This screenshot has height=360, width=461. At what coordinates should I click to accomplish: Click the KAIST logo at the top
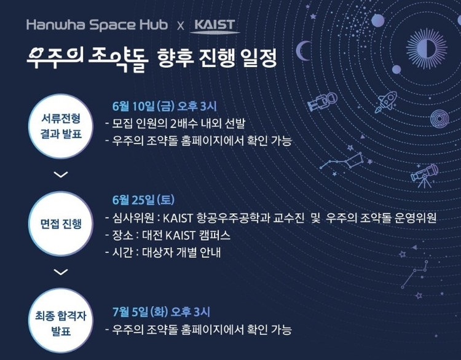pyautogui.click(x=215, y=26)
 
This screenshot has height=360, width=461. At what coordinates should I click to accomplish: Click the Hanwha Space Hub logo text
pyautogui.click(x=97, y=25)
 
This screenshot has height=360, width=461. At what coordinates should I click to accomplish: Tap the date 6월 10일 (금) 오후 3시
pyautogui.click(x=164, y=106)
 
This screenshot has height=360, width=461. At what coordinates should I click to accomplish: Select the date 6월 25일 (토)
pyautogui.click(x=143, y=200)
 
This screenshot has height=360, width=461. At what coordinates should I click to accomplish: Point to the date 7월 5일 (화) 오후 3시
pyautogui.click(x=162, y=312)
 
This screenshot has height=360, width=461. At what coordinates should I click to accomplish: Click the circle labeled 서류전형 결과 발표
pyautogui.click(x=61, y=127)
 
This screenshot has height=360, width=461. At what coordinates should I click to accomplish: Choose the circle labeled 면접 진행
pyautogui.click(x=61, y=224)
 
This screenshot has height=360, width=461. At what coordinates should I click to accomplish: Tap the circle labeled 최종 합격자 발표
pyautogui.click(x=61, y=321)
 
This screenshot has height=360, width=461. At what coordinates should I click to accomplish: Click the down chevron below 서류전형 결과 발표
pyautogui.click(x=61, y=174)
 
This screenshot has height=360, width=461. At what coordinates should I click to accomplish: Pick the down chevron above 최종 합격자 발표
pyautogui.click(x=61, y=272)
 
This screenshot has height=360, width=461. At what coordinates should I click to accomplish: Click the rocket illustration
pyautogui.click(x=386, y=102)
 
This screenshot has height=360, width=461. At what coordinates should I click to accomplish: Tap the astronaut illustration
pyautogui.click(x=322, y=101)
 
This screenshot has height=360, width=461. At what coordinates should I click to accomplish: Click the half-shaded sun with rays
pyautogui.click(x=427, y=48)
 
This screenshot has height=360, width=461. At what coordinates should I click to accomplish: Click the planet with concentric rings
pyautogui.click(x=439, y=119)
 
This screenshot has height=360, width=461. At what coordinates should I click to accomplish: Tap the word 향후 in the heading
pyautogui.click(x=175, y=57)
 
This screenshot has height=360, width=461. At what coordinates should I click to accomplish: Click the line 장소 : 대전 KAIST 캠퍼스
pyautogui.click(x=168, y=235)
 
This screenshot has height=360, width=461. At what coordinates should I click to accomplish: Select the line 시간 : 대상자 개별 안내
pyautogui.click(x=163, y=252)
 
